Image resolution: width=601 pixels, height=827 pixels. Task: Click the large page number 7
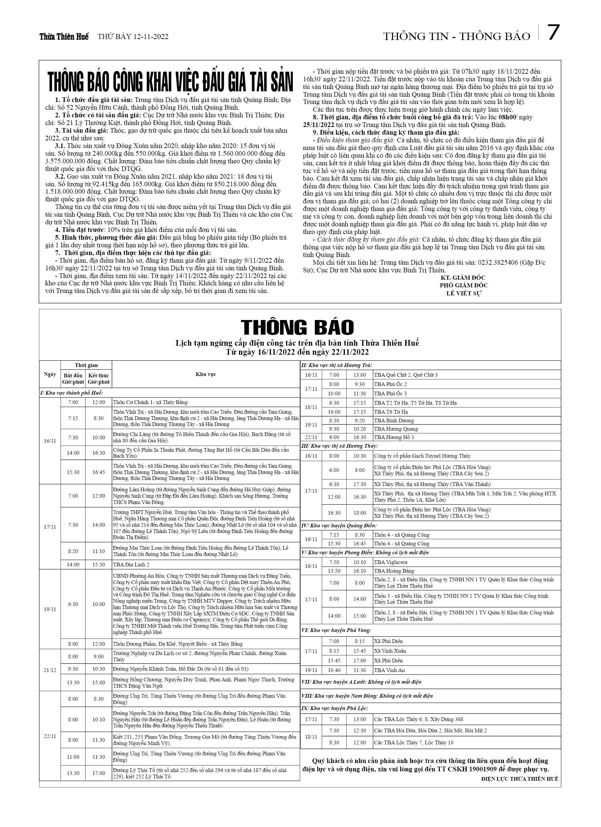(x=554, y=33)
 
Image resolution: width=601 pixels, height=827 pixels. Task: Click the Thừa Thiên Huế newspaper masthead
(x=64, y=37)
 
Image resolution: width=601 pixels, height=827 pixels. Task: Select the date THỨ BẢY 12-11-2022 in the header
(x=133, y=37)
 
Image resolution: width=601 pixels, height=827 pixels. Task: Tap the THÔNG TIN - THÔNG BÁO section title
(x=457, y=36)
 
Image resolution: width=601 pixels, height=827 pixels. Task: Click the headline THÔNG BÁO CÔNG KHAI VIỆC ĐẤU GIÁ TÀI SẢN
(x=170, y=82)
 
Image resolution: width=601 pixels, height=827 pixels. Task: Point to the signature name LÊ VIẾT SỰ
(x=464, y=293)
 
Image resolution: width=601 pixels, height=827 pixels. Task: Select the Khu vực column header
(x=206, y=374)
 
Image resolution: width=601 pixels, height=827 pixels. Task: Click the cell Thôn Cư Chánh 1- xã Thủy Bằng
(x=150, y=402)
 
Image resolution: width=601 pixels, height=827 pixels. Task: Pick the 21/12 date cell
(x=50, y=669)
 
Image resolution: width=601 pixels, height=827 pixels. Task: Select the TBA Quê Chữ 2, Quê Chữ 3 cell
(x=406, y=375)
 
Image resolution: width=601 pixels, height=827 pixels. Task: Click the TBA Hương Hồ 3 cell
(x=394, y=437)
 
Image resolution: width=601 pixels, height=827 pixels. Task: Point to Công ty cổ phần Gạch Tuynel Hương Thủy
(x=422, y=456)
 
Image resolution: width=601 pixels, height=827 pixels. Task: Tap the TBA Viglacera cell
(x=391, y=562)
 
